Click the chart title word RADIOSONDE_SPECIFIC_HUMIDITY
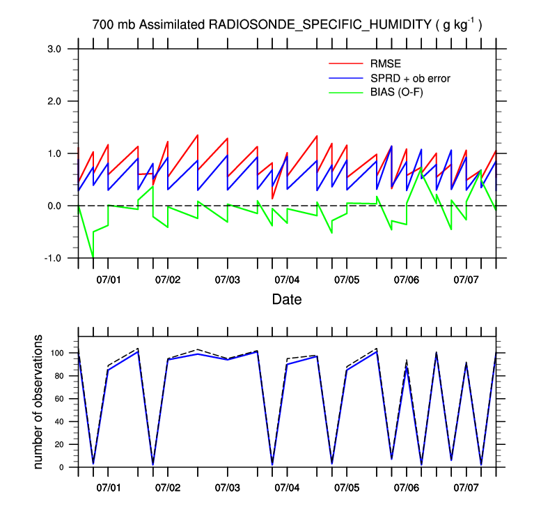tap(320, 25)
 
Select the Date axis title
tap(287, 300)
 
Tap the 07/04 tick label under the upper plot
tap(287, 280)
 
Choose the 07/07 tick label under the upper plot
tap(466, 280)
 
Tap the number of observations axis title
tap(40, 402)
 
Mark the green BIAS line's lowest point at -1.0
tap(93, 258)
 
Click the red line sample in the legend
tap(345, 65)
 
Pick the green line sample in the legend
tap(345, 91)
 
